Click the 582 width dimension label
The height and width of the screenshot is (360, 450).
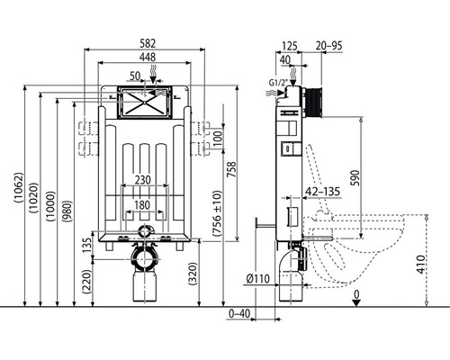[148, 43]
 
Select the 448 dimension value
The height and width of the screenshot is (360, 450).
[148, 57]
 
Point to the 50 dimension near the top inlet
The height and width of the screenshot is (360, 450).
[135, 76]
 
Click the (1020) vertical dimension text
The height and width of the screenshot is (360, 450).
[34, 198]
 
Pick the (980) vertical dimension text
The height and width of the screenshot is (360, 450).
[67, 211]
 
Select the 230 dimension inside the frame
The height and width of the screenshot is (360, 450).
[142, 180]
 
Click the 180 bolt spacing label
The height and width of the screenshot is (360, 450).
[142, 205]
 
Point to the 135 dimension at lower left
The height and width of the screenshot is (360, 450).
[86, 246]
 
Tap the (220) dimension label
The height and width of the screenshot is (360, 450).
[86, 282]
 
